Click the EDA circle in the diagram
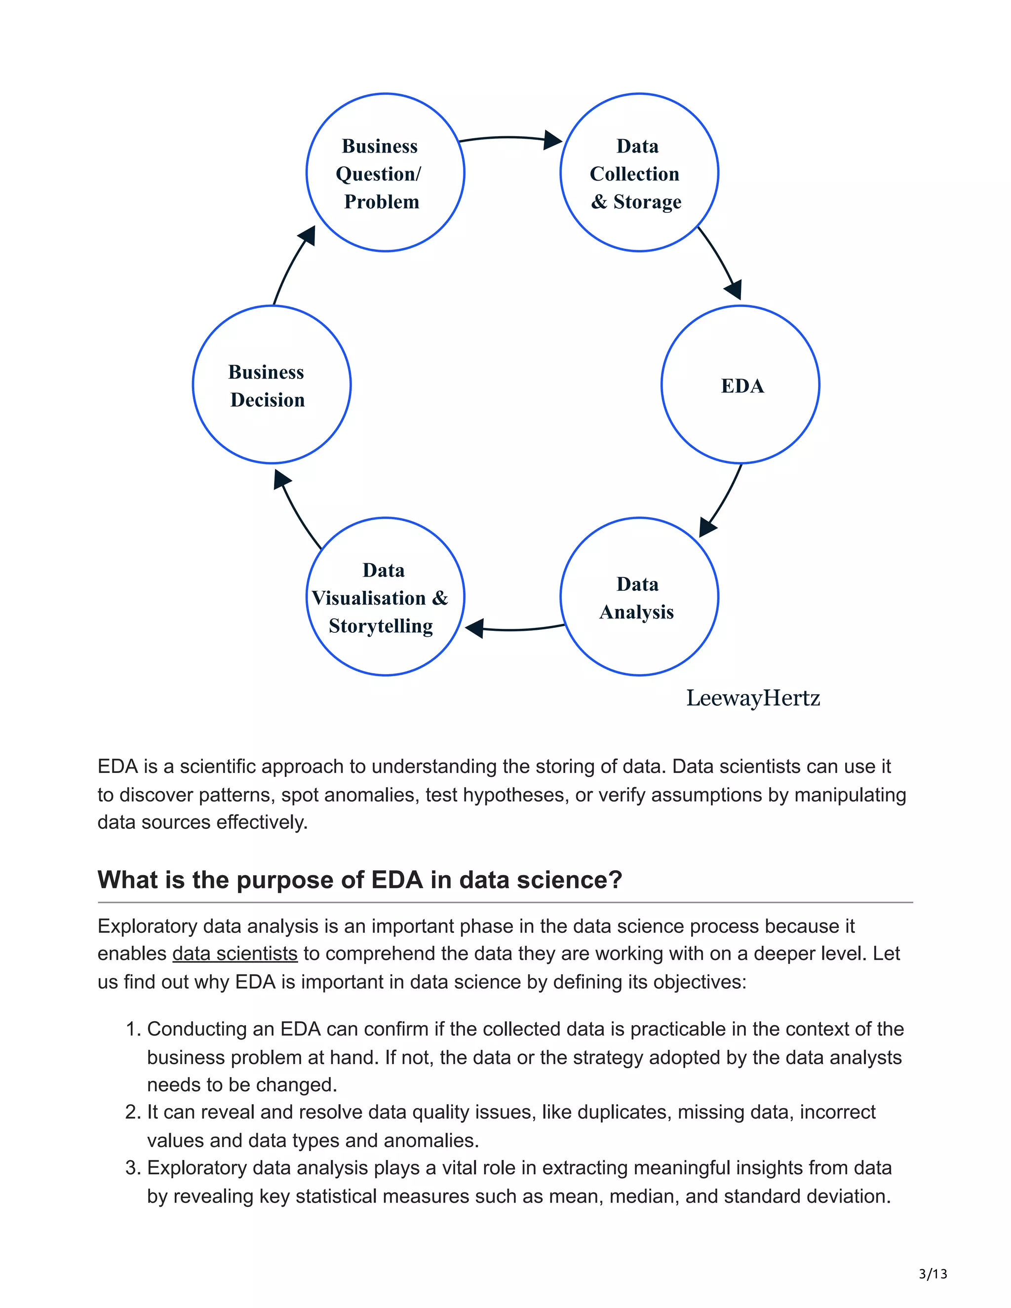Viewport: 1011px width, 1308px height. tap(740, 385)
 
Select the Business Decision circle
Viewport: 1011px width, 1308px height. tap(272, 385)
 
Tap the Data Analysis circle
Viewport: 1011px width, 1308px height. tap(639, 597)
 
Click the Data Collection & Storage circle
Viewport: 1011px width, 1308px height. tap(639, 172)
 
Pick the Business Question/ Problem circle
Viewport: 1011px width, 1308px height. tap(385, 172)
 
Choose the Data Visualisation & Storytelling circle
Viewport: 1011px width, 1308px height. tap(385, 597)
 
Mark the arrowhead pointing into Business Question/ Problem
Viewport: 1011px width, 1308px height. tap(308, 235)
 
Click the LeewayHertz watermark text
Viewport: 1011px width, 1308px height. tap(753, 698)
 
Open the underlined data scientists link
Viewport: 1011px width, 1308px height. tap(235, 954)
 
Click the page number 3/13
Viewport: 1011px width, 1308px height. tap(933, 1274)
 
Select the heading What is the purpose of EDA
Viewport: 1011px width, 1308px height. tap(360, 880)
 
